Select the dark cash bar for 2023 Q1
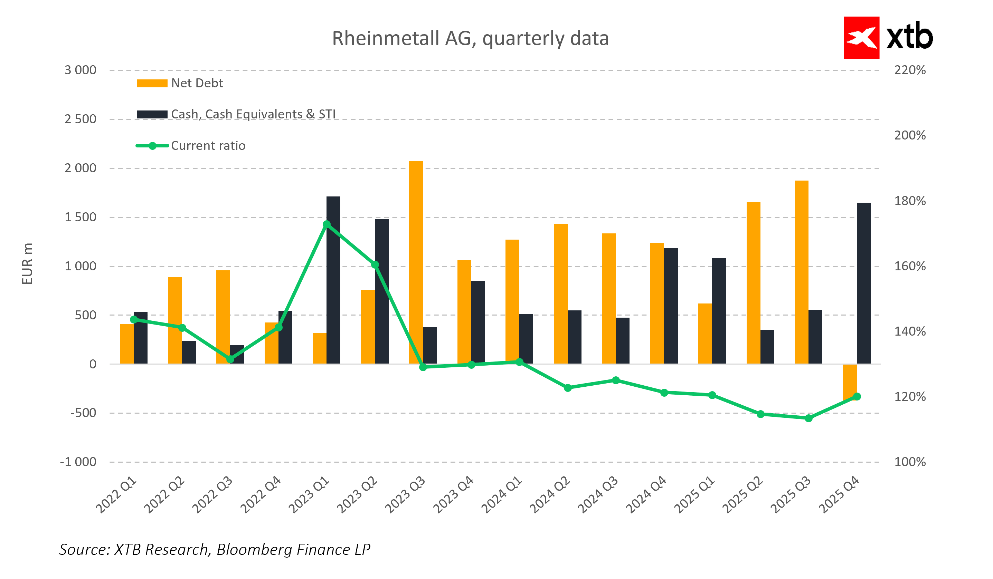333,280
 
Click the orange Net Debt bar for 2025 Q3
802,272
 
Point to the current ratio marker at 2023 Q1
327,224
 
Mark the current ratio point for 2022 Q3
230,359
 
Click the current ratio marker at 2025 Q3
808,418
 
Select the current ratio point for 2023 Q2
375,265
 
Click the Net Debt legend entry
197,84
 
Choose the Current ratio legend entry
208,146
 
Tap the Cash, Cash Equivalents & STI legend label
253,114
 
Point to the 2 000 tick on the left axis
81,168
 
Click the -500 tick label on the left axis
83,413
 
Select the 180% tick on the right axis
910,201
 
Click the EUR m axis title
27,263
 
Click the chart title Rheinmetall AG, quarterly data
471,39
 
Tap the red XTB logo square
861,38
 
